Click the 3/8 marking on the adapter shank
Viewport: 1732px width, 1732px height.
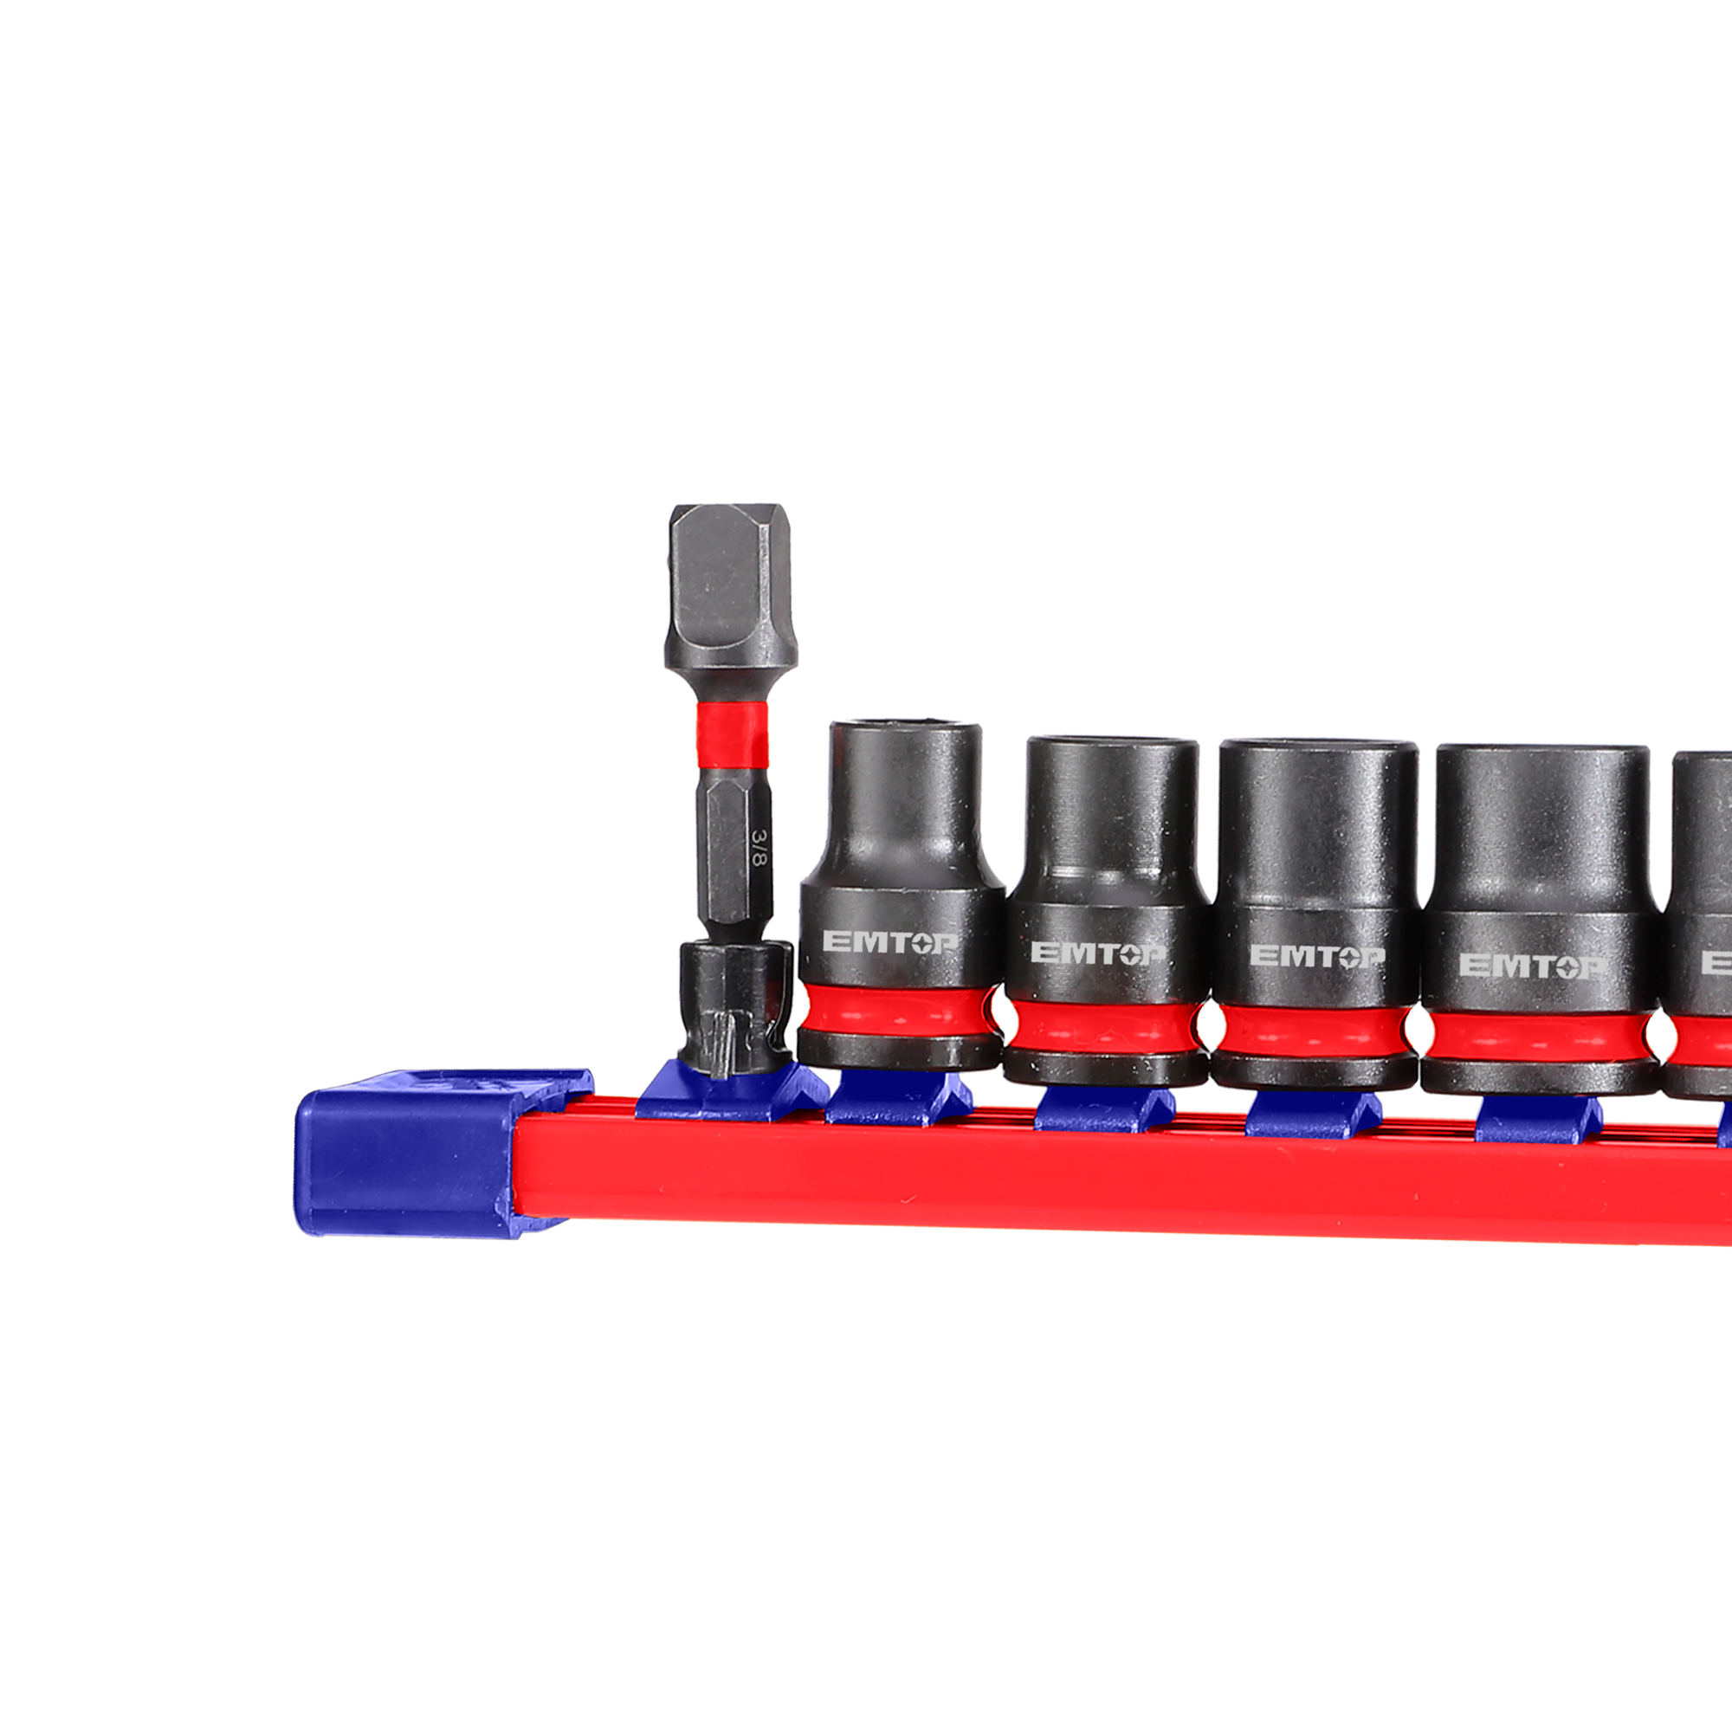coord(759,847)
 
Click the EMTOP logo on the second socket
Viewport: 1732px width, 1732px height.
coord(1098,953)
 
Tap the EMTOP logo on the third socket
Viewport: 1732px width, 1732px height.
coord(1317,957)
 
